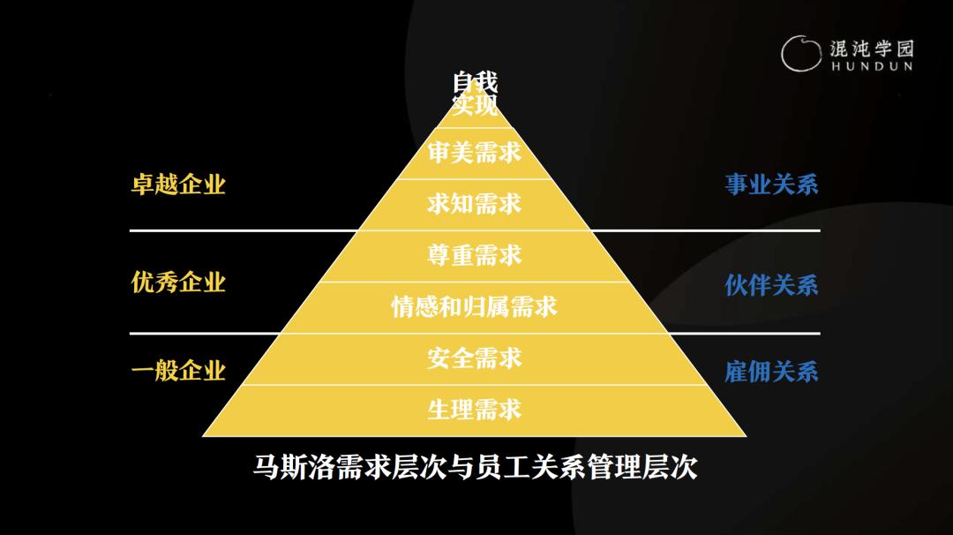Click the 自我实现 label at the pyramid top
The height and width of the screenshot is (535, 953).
click(x=475, y=94)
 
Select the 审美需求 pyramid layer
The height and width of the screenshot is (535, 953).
click(x=475, y=153)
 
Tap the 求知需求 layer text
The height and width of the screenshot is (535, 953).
click(x=475, y=204)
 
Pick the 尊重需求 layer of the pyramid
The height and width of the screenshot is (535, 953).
click(x=475, y=255)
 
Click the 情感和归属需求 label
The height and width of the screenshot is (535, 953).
click(x=475, y=307)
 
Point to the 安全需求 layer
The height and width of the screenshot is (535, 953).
click(x=475, y=358)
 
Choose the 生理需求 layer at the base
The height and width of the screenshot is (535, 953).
click(x=475, y=410)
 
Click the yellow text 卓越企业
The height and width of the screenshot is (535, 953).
click(x=178, y=185)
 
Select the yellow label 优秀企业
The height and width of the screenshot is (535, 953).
click(x=178, y=283)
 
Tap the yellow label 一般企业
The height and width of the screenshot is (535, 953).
click(x=178, y=371)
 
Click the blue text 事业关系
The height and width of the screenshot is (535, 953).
click(x=771, y=185)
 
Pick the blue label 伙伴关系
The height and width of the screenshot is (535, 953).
click(x=771, y=285)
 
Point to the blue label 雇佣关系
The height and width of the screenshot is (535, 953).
click(x=771, y=372)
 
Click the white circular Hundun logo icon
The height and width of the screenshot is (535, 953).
click(x=799, y=53)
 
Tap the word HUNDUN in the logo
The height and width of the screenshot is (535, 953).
click(x=872, y=66)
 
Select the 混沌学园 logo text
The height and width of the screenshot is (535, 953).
click(x=872, y=48)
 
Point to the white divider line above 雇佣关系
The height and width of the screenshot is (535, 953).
click(x=777, y=334)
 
